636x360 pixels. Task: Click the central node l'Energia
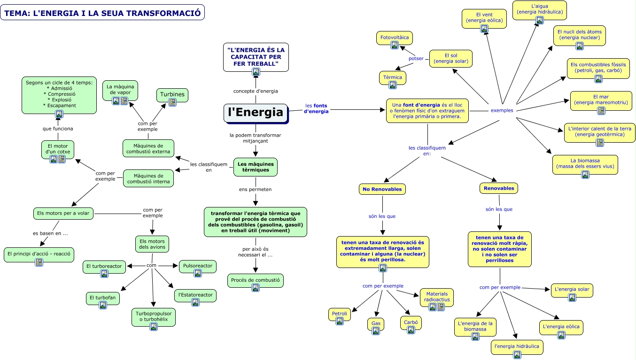click(x=256, y=113)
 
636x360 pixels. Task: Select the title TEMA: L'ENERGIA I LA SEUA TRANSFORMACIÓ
click(x=102, y=13)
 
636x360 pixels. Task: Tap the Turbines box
click(x=172, y=95)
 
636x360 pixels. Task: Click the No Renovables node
click(x=382, y=189)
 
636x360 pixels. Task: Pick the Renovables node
click(x=498, y=188)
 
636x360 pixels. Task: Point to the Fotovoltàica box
click(x=395, y=37)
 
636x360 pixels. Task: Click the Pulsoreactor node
click(x=198, y=266)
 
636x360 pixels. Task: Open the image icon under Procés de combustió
click(x=256, y=288)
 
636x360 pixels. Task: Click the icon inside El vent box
click(x=484, y=29)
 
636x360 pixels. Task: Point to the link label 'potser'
click(x=416, y=59)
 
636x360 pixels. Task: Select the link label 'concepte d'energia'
click(x=256, y=91)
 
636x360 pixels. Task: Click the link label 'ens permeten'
click(x=255, y=190)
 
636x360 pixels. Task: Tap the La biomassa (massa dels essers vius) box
click(x=585, y=163)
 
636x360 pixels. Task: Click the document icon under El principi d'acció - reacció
click(x=39, y=262)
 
